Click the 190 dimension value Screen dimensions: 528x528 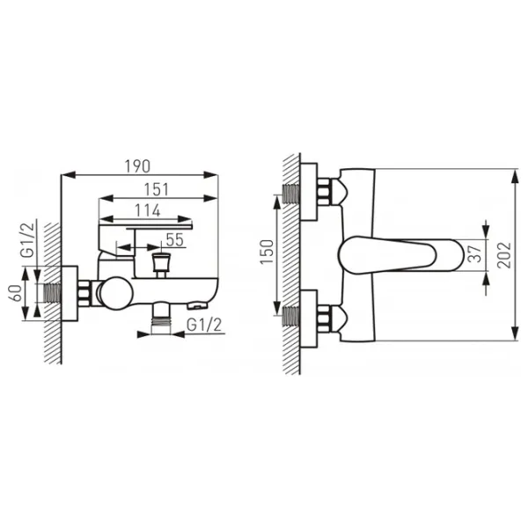137,166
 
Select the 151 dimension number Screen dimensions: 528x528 157,189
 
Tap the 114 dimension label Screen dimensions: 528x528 148,211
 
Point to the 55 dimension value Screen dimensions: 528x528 175,239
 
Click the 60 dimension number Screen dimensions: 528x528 16,293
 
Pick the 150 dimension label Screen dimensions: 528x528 267,252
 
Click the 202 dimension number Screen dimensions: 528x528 504,255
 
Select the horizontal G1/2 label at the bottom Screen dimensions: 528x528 204,325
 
